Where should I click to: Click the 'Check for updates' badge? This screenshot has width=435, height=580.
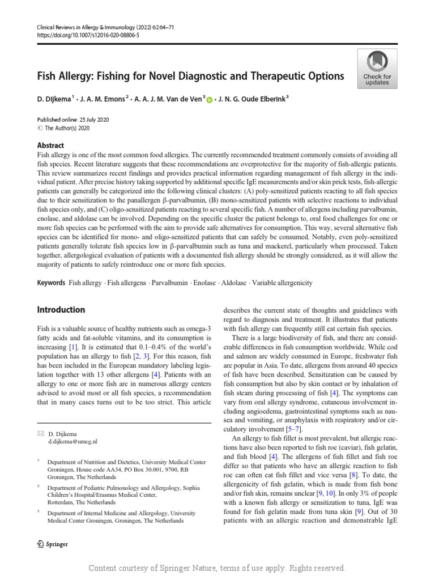pyautogui.click(x=377, y=68)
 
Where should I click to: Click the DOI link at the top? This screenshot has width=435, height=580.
pyautogui.click(x=88, y=35)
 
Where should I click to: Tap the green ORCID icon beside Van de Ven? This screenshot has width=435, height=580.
pyautogui.click(x=210, y=100)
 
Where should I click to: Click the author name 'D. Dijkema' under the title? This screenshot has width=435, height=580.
pyautogui.click(x=54, y=99)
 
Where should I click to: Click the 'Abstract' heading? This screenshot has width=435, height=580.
pyautogui.click(x=50, y=146)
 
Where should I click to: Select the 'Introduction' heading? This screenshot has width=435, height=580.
pyautogui.click(x=61, y=310)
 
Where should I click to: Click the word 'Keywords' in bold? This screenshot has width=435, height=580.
pyautogui.click(x=51, y=283)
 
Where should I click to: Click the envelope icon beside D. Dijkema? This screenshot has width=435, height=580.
pyautogui.click(x=40, y=433)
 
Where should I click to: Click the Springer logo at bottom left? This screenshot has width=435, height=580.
pyautogui.click(x=52, y=544)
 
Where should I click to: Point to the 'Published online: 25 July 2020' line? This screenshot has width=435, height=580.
pyautogui.click(x=73, y=120)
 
